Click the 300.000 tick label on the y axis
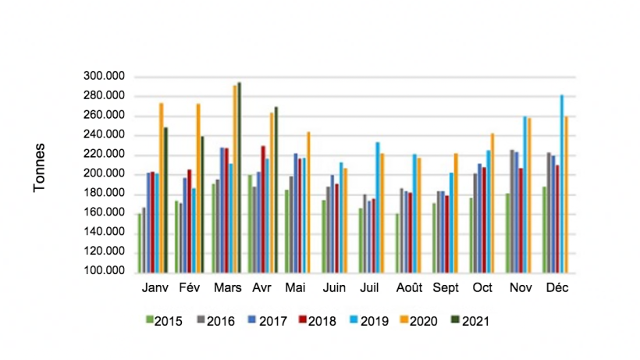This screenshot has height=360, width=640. point(104,77)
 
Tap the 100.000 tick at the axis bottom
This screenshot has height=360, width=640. point(104,271)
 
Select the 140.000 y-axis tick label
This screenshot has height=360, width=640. point(104,232)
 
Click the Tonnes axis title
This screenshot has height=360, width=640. point(39,167)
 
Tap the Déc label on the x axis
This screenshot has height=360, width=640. point(557,288)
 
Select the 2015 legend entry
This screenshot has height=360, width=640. point(165,320)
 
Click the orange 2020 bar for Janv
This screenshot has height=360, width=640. point(162,187)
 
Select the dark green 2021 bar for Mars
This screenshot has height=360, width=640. point(240,176)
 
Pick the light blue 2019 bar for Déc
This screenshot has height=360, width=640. point(561,183)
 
